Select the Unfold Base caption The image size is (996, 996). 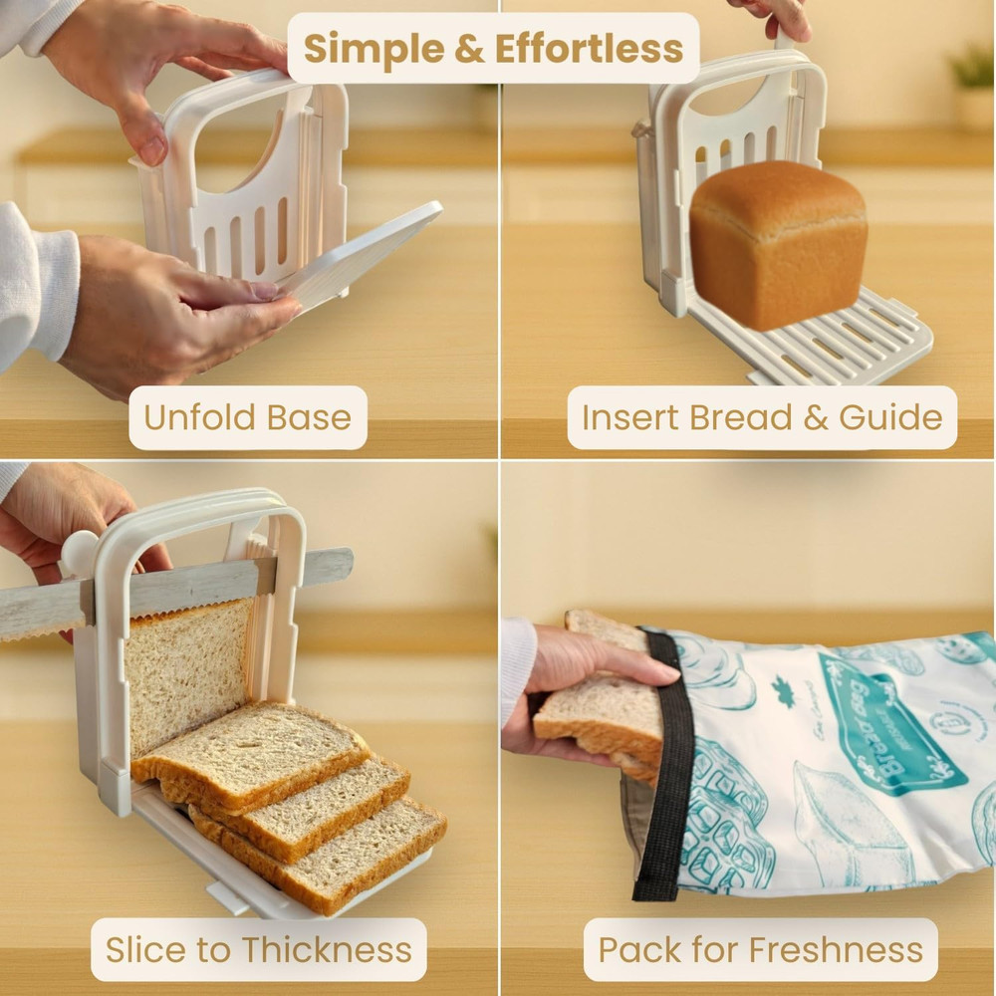[x=247, y=417]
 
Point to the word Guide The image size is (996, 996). [x=889, y=417]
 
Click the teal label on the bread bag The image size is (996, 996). [x=886, y=722]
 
